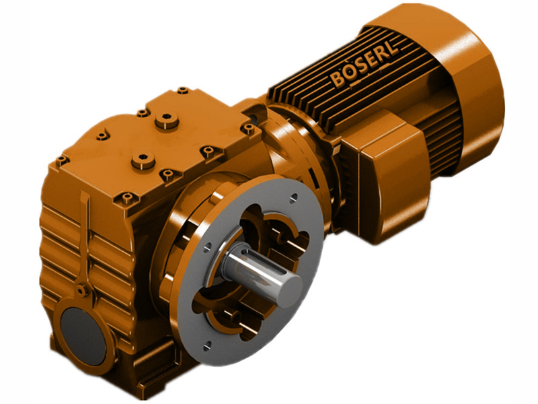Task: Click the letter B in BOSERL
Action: pos(337,81)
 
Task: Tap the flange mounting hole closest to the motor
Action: pos(294,199)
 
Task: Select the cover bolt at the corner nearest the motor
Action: pos(249,127)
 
